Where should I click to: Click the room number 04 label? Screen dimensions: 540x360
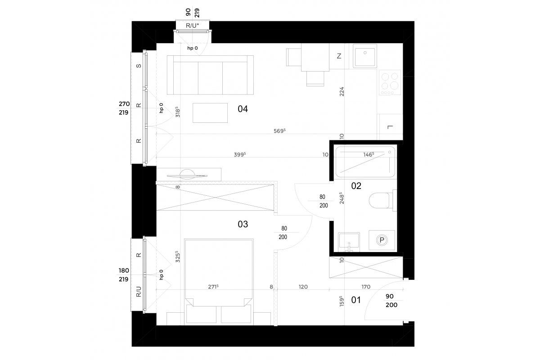click(243, 109)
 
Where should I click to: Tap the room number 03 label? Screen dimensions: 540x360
click(243, 224)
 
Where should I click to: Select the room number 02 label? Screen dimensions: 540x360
click(356, 186)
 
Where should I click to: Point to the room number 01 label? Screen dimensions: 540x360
click(356, 300)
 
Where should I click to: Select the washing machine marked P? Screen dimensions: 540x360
click(382, 240)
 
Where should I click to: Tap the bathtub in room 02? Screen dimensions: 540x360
click(365, 162)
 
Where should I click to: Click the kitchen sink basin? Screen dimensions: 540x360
click(365, 56)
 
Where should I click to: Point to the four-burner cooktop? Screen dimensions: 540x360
click(390, 82)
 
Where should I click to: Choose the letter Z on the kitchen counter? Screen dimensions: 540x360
click(339, 56)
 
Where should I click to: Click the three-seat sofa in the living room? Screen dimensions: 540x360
click(210, 75)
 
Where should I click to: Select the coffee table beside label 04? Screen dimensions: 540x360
click(210, 113)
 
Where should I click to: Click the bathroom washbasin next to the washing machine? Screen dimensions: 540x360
click(349, 242)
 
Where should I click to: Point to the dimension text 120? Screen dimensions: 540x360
click(303, 287)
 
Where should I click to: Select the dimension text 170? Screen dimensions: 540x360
click(366, 287)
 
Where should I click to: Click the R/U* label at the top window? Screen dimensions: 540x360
click(193, 26)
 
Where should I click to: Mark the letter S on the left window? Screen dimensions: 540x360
click(139, 66)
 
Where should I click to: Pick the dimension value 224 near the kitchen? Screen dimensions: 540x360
click(342, 92)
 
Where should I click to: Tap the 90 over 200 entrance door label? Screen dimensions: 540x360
click(391, 301)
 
